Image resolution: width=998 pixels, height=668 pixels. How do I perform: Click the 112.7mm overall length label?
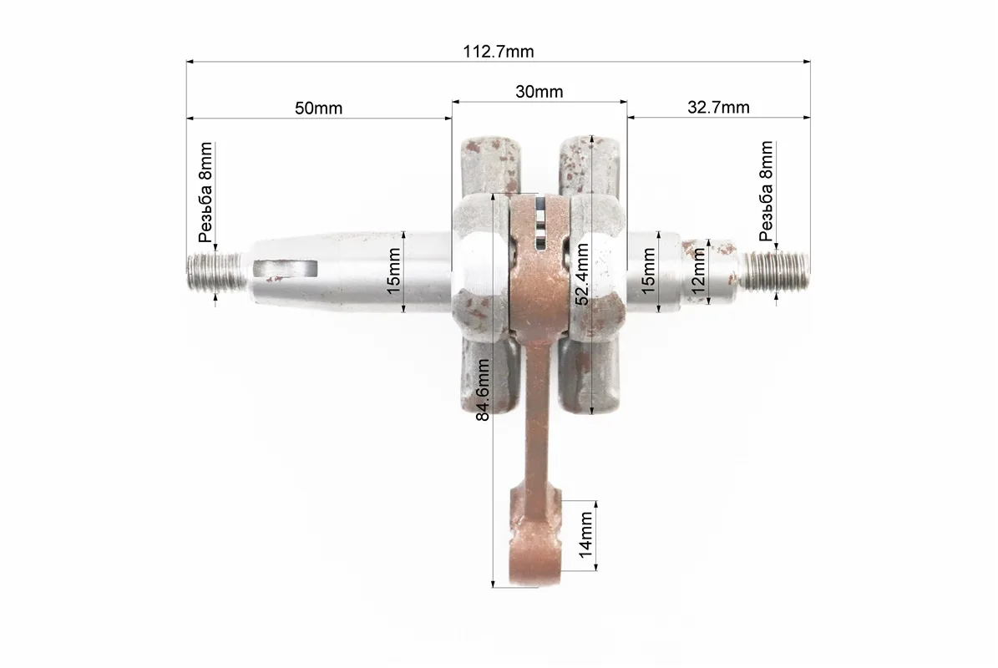(x=499, y=52)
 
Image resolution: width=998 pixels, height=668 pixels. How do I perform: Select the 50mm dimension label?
(x=318, y=109)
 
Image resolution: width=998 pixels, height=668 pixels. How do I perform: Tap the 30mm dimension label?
(x=540, y=92)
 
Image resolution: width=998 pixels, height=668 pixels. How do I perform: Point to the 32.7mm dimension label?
(x=718, y=108)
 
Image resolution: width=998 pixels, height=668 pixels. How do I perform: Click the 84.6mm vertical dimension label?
(x=483, y=390)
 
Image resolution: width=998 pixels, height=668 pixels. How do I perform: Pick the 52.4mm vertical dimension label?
(x=582, y=274)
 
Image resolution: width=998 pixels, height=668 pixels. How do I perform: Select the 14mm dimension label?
(x=585, y=535)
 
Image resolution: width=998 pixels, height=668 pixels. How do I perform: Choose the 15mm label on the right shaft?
(x=648, y=271)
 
